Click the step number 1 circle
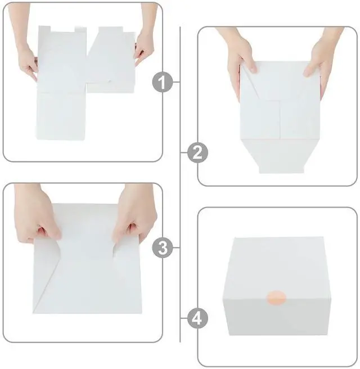click(163, 83)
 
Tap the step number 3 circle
click(163, 247)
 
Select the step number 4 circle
click(197, 319)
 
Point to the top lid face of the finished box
click(280, 259)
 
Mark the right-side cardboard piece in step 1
click(111, 62)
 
